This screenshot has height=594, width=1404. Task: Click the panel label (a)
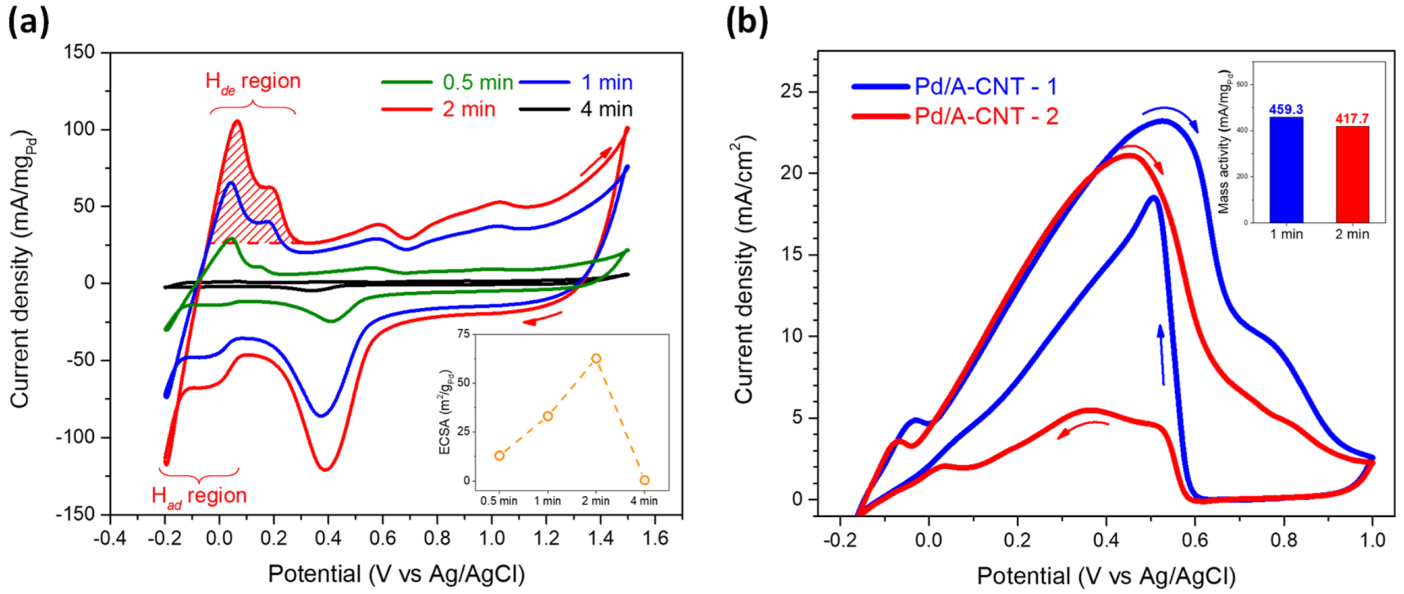29,23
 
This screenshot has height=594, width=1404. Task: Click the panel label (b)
747,23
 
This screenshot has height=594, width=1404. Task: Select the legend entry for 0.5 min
478,82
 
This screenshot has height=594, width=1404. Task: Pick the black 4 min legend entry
605,109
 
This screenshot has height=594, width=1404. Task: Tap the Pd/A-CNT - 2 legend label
986,116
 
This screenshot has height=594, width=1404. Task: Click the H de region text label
253,82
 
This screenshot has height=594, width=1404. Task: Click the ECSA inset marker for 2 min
596,359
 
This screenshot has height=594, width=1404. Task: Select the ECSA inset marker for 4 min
644,480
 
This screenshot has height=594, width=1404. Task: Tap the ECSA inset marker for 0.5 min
500,456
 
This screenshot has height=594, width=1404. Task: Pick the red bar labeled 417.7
1352,174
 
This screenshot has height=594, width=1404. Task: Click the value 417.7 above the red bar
1352,119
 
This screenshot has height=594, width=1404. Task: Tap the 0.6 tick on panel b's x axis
1195,540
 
